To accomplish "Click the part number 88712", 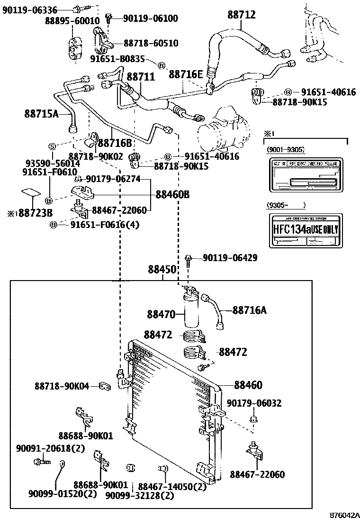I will (241, 15).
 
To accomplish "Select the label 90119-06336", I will (30, 9).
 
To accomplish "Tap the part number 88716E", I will (186, 74).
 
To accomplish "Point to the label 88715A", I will (41, 113).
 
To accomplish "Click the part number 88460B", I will (173, 194).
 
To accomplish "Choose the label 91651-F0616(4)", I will (105, 225).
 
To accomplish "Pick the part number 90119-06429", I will (230, 258).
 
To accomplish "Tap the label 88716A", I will (250, 310).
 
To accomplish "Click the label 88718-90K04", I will (62, 387).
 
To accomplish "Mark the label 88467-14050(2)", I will (172, 486).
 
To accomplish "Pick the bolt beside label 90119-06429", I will (189, 259).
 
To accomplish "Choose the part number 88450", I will (162, 270).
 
